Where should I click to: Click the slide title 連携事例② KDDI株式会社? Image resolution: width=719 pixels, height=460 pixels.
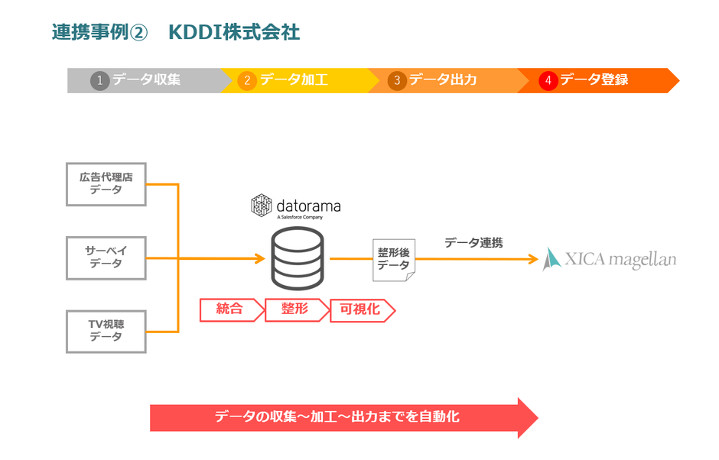coord(176,32)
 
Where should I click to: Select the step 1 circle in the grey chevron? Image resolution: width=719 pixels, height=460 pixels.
coord(99,80)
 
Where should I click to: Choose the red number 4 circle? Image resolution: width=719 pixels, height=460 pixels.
coord(548,80)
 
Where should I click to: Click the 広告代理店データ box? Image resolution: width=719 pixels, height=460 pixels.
coord(106,184)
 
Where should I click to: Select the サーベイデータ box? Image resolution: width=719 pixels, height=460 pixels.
coord(106,258)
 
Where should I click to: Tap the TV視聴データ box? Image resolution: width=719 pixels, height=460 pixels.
coord(106,331)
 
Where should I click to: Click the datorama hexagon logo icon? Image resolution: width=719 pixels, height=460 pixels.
coord(262,205)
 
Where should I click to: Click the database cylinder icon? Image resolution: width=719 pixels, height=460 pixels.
coord(298,259)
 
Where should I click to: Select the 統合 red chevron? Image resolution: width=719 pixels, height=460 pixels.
coord(229,309)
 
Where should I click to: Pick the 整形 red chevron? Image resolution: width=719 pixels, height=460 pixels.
coord(294,309)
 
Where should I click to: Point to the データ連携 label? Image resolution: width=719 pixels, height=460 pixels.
coord(473,242)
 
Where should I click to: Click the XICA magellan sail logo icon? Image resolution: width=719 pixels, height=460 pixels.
coord(551,260)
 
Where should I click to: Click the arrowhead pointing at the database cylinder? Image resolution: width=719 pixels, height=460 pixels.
coord(259,258)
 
